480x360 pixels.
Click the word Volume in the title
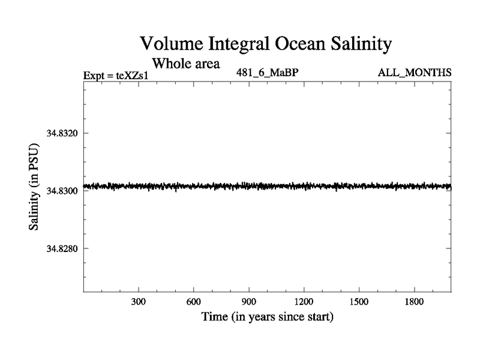170,44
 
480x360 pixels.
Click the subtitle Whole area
185,62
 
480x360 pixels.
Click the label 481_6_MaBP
268,73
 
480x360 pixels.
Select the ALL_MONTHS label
414,73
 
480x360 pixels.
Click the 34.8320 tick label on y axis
64,133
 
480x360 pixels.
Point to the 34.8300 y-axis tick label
64,190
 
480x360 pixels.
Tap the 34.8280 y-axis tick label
64,248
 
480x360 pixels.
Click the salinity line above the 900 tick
249,186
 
